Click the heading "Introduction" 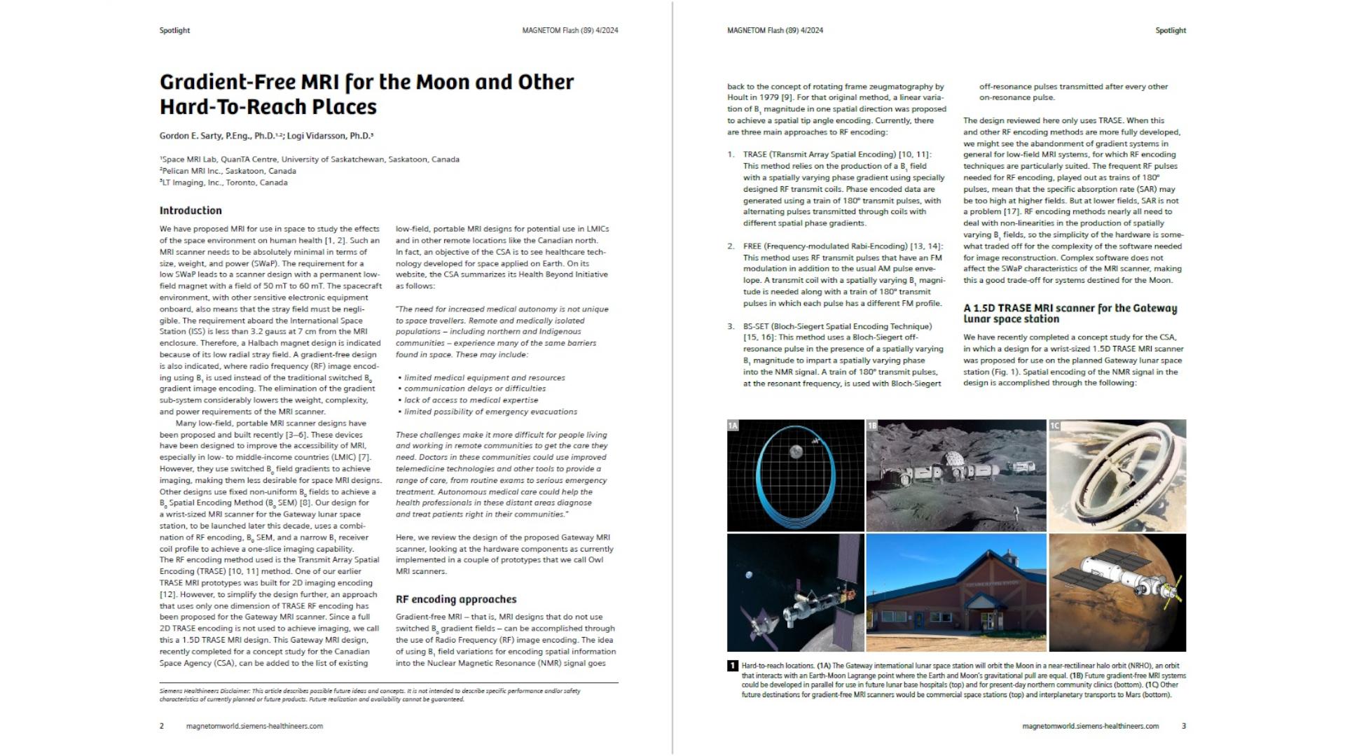click(191, 210)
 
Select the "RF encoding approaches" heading click(455, 599)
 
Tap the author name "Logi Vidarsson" click(327, 136)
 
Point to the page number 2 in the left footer click(162, 726)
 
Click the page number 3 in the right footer click(1183, 726)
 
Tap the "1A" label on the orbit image click(733, 426)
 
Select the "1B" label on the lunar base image click(872, 426)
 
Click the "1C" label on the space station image click(1054, 426)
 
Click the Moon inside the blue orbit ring click(796, 451)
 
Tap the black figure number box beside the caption click(733, 666)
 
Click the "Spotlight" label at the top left click(174, 30)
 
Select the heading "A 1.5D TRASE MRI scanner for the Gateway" click(1070, 308)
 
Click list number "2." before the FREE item click(731, 246)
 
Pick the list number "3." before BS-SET click(731, 326)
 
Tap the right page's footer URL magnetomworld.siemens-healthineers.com click(1090, 726)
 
